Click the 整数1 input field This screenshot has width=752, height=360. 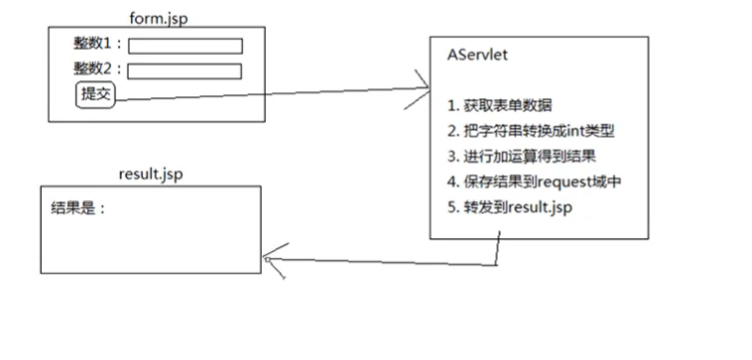186,46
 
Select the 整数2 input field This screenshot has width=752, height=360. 186,70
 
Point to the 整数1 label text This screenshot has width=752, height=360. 97,45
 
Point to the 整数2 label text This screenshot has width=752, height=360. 97,69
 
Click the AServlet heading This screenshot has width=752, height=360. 477,56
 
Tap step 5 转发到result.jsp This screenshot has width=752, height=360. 510,207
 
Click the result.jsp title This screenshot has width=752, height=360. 150,175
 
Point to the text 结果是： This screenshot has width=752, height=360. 77,209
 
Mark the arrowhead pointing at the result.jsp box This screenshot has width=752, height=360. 267,260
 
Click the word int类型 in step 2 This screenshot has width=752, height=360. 591,132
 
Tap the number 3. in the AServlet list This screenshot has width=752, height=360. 451,157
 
